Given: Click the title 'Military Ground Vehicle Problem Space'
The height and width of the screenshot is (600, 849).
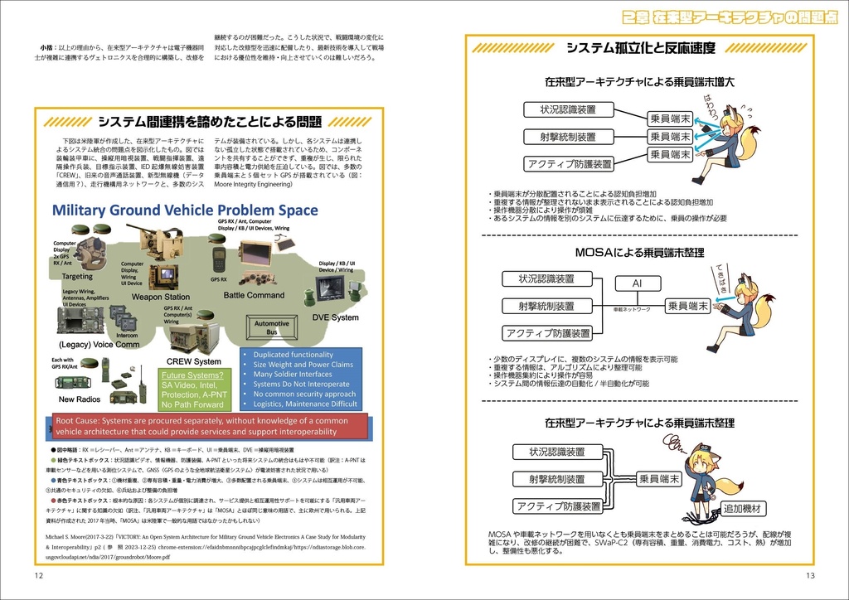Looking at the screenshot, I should coord(185,210).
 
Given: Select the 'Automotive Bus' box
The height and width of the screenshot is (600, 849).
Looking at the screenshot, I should coord(271,328).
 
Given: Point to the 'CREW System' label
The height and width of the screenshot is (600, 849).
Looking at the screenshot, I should coord(194,361).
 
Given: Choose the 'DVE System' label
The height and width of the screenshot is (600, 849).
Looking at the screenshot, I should coord(336,317).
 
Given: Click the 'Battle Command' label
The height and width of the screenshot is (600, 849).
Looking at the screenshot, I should coord(254,295).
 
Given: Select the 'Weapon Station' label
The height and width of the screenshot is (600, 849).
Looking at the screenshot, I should coord(160,297).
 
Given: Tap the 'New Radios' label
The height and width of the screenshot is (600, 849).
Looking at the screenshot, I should coord(79,399).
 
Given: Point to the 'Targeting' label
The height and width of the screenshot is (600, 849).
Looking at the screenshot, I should coord(77,276).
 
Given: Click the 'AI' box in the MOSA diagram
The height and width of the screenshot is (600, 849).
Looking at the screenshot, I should coord(637,283).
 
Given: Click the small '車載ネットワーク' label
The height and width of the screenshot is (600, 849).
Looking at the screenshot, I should coord(632,309).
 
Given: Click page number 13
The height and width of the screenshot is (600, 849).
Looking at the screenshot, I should coord(810,575).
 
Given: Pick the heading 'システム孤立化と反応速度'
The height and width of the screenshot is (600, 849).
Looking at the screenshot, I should coord(640,48).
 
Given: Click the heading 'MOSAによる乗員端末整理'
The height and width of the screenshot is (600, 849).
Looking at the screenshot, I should coord(639,252).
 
